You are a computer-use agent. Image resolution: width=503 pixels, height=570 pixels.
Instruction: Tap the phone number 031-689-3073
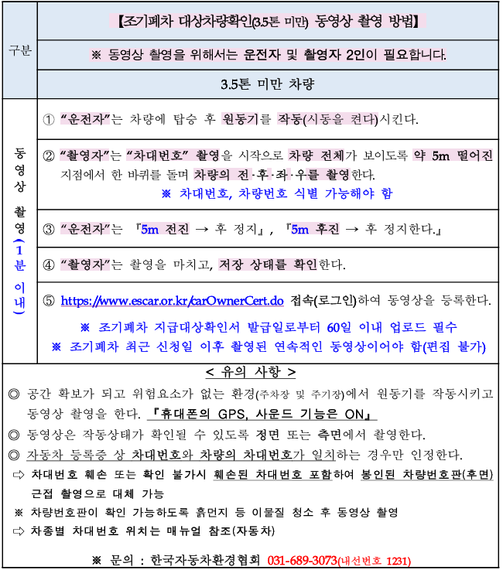pyautogui.click(x=302, y=560)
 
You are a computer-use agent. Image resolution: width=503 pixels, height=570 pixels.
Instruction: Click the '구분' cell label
pyautogui.click(x=20, y=51)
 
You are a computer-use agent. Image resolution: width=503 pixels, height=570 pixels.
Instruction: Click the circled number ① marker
pyautogui.click(x=49, y=120)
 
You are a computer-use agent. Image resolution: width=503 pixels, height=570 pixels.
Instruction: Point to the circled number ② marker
pyautogui.click(x=49, y=155)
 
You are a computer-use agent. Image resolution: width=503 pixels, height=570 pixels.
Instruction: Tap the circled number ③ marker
pyautogui.click(x=49, y=229)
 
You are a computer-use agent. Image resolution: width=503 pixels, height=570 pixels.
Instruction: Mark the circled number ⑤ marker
pyautogui.click(x=49, y=300)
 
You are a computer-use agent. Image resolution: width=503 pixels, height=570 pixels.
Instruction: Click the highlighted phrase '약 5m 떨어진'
pyautogui.click(x=453, y=155)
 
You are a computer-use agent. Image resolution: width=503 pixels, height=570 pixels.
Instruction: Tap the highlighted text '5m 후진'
pyautogui.click(x=308, y=229)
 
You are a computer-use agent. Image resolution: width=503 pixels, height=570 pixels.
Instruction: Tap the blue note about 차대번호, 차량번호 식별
pyautogui.click(x=276, y=193)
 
